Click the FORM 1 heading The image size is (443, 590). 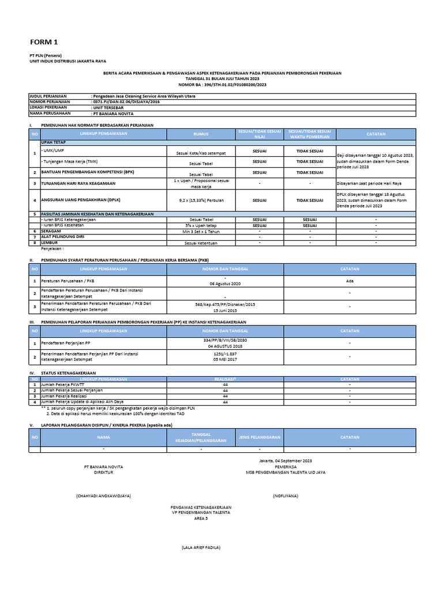coord(44,43)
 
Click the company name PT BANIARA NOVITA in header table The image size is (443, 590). coord(112,114)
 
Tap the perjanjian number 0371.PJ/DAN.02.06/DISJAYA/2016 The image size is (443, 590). coord(126,101)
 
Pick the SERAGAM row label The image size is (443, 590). coord(52,230)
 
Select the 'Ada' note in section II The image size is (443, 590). coord(349,281)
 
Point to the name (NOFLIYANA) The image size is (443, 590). coord(285,496)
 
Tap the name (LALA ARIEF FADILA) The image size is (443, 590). coord(201,547)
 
